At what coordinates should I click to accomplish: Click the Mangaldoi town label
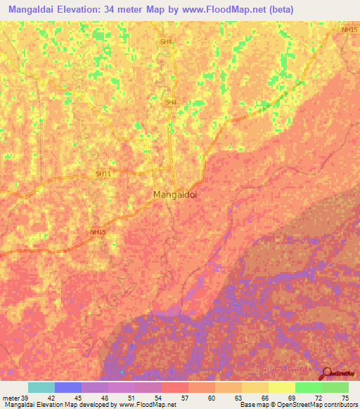175,195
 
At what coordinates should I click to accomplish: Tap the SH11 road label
103,174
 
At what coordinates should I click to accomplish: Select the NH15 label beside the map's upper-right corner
349,30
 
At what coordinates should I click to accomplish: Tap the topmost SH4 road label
166,43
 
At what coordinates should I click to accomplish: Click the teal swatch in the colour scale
41,387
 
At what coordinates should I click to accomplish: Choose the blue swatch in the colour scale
67,387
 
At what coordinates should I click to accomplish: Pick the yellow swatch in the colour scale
281,387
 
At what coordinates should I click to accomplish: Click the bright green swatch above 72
308,387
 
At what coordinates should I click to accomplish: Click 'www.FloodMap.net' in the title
229,10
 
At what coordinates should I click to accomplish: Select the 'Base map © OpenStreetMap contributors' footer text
299,405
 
